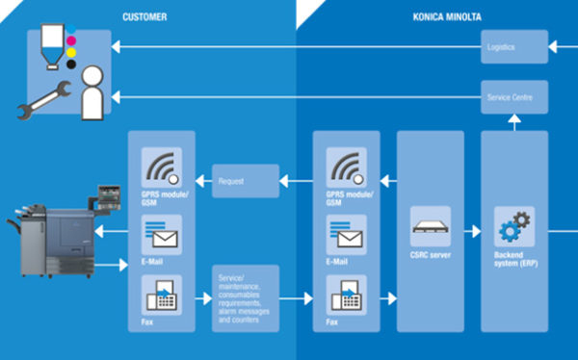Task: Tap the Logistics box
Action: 514,46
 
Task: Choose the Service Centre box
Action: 514,95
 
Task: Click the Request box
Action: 245,179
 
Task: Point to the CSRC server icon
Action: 430,227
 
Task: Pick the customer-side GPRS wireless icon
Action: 161,168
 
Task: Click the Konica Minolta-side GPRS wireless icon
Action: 346,168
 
